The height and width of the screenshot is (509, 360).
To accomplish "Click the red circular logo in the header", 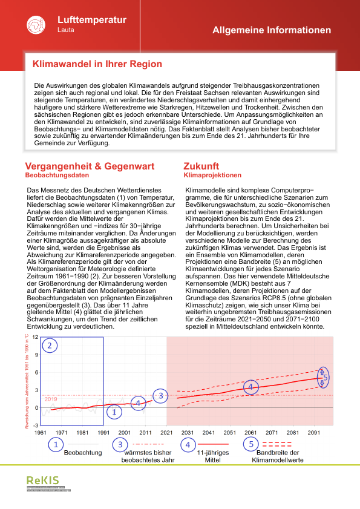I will pos(36,25).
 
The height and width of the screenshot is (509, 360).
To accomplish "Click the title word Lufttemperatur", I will pos(91,20).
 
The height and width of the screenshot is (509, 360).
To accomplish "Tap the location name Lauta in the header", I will pos(66,30).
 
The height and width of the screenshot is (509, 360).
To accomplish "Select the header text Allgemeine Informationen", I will pos(272,30).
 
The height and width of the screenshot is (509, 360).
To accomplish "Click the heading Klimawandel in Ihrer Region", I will pos(97,64).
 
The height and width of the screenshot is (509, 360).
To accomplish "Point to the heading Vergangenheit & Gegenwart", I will pos(90,166).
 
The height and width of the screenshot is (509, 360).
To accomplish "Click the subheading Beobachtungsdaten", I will pos(61,176).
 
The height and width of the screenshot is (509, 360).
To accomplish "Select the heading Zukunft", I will pos(201,166).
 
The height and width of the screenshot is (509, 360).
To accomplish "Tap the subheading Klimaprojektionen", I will pos(212,176).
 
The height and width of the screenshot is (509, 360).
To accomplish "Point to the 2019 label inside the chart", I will pos(51,399).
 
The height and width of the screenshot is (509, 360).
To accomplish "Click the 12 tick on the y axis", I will pos(36,337).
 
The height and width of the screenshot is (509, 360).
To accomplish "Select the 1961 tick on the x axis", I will pos(41,433).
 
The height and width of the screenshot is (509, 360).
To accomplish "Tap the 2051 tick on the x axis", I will pos(230,433).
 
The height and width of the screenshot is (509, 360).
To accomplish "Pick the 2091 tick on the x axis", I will pos(314,433).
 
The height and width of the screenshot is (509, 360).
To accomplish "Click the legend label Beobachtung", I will pos(83,453).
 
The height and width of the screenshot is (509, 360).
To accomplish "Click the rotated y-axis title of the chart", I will pos(27,381).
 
